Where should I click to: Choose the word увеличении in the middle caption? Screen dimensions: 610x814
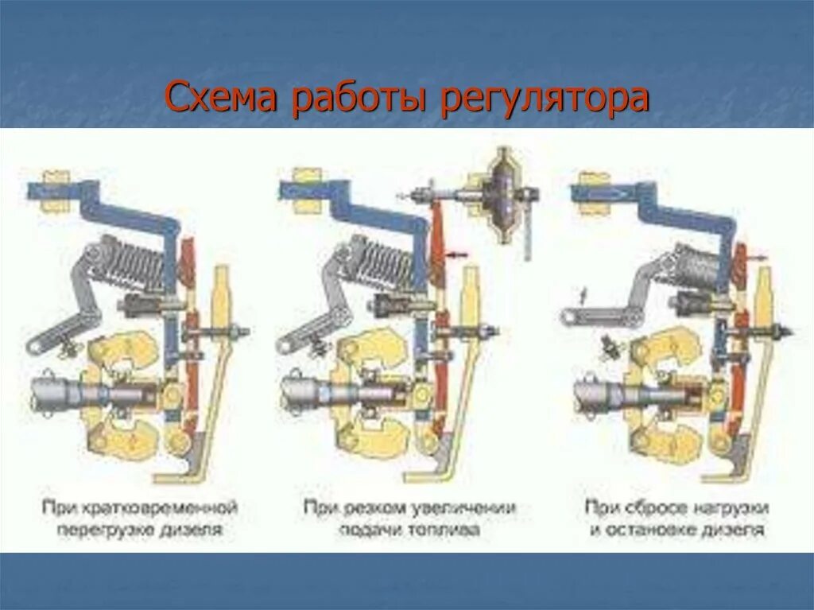coord(470,507)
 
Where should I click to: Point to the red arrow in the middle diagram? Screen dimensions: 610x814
coord(457,255)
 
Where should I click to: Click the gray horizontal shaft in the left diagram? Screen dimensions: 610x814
coord(87,393)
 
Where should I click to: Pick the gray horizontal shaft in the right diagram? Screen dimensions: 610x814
coord(628,393)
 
